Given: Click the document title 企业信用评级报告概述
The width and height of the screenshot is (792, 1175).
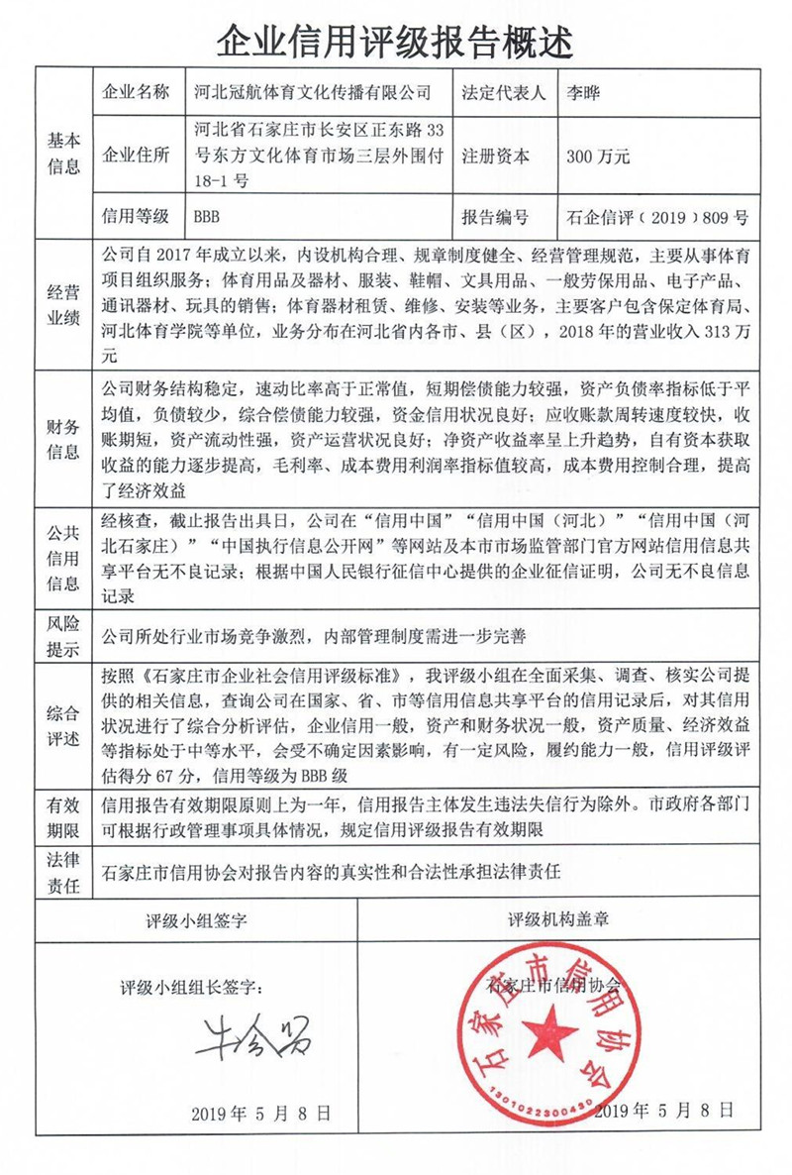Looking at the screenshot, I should [x=395, y=40].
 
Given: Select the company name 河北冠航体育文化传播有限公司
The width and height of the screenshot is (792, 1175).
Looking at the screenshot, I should [x=314, y=93].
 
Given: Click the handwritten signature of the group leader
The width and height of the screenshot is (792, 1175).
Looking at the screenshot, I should [x=251, y=1034].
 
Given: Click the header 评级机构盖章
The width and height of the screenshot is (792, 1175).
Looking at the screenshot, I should [x=558, y=919].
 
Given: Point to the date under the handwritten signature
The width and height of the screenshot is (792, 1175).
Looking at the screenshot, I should [x=260, y=1113].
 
